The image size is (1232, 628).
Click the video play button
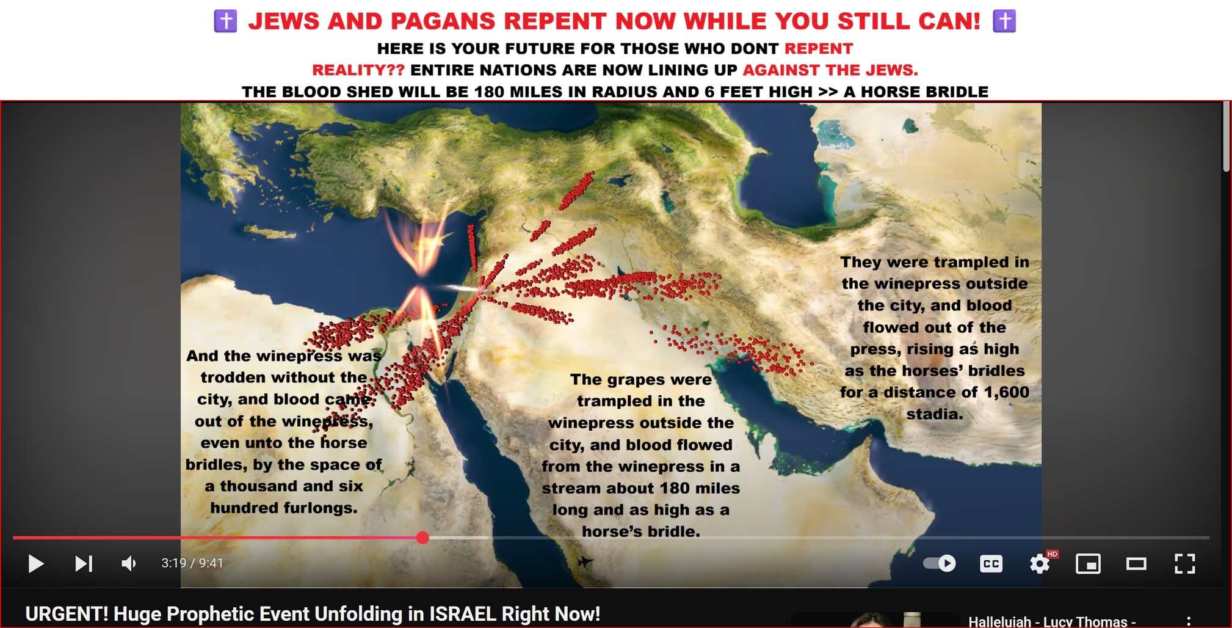point(36,563)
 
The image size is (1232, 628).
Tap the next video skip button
point(84,563)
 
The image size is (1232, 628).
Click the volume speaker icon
point(129,563)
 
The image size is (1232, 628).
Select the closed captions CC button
point(991,563)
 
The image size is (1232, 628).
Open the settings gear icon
point(1039,563)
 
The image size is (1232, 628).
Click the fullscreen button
point(1184,563)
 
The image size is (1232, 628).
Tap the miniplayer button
point(1088,563)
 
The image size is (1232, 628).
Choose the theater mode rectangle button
point(1136,563)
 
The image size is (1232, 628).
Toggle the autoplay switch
point(940,563)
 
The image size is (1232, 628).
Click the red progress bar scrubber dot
point(422,538)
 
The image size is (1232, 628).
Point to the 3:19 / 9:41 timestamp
point(192,563)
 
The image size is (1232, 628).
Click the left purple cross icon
point(225,21)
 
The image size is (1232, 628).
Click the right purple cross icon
point(1004,21)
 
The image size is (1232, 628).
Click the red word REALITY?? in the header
point(358,70)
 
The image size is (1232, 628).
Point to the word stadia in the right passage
point(935,414)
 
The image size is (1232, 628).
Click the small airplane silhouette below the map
point(585,561)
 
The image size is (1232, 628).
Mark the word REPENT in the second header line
point(819,49)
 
